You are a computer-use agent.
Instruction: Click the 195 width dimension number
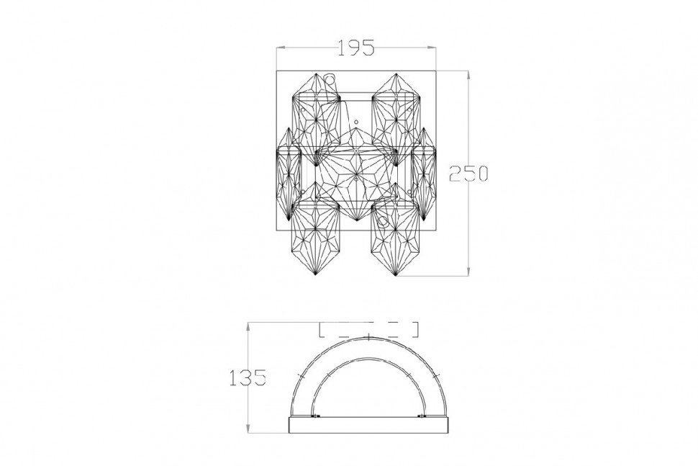point(356,48)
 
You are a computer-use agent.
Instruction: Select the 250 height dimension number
point(468,174)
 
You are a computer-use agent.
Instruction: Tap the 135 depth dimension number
point(248,378)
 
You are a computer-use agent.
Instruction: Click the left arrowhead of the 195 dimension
point(281,48)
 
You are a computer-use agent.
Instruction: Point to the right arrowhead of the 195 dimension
point(431,48)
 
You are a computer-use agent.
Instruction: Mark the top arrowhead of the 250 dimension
point(468,76)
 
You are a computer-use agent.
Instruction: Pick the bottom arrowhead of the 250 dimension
point(468,271)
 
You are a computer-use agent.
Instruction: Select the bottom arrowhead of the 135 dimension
point(248,428)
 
